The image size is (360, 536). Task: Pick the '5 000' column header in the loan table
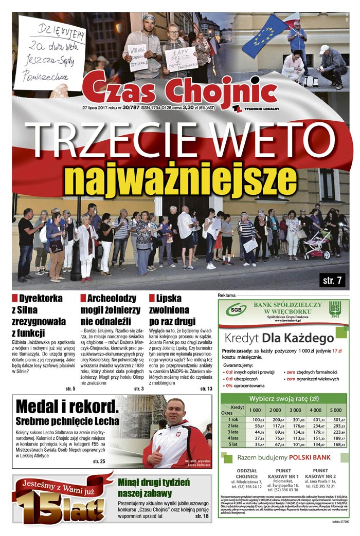click(x=335, y=410)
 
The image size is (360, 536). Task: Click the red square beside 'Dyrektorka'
click(x=15, y=298)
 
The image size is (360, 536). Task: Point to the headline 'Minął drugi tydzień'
click(x=154, y=483)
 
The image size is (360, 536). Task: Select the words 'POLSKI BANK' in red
click(x=310, y=456)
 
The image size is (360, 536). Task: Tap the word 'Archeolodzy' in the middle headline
click(x=111, y=298)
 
